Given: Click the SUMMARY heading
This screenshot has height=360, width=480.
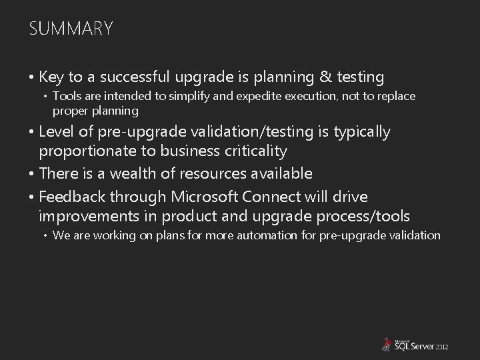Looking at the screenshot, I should pos(71,29).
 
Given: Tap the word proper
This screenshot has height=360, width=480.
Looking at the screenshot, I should pos(67,110).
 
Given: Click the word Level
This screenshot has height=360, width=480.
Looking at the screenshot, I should pos(56,132).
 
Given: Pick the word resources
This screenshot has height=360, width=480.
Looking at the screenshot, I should pos(217,174).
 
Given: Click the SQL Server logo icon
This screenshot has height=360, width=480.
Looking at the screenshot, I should pos(385,345).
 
